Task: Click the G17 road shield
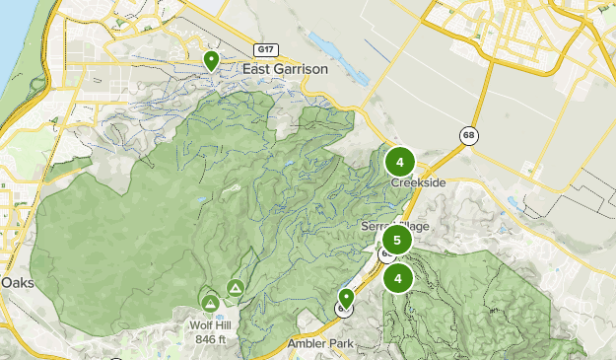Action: (264, 49)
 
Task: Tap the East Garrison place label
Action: (285, 69)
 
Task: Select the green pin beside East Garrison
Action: (211, 61)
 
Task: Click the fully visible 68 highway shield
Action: (467, 136)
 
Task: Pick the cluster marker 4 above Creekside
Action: (400, 162)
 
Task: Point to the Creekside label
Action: (418, 183)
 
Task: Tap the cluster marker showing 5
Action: (396, 240)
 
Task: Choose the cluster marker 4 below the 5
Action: (398, 278)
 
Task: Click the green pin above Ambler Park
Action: (346, 297)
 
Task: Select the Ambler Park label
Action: (319, 343)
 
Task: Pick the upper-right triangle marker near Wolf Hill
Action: (235, 287)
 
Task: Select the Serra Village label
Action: (394, 226)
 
